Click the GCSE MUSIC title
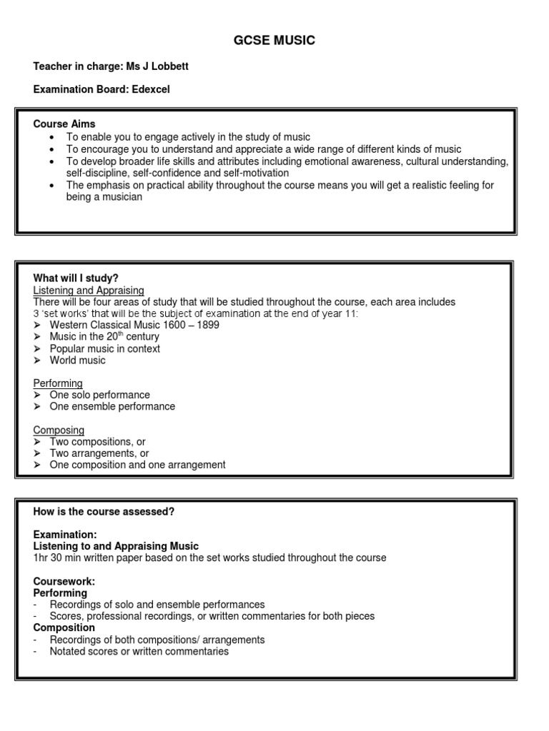pos(274,41)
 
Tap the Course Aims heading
pos(64,123)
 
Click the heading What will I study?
pos(75,278)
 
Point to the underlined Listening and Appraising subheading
pos(89,290)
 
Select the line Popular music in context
pos(104,348)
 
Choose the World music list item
pos(77,360)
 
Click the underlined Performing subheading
pos(58,383)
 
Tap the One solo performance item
pos(99,395)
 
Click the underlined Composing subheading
pos(59,430)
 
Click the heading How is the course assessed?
pos(104,511)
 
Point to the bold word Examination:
pos(65,535)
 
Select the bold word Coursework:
pos(64,581)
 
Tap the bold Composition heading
pos(64,627)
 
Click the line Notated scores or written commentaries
pos(139,651)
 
